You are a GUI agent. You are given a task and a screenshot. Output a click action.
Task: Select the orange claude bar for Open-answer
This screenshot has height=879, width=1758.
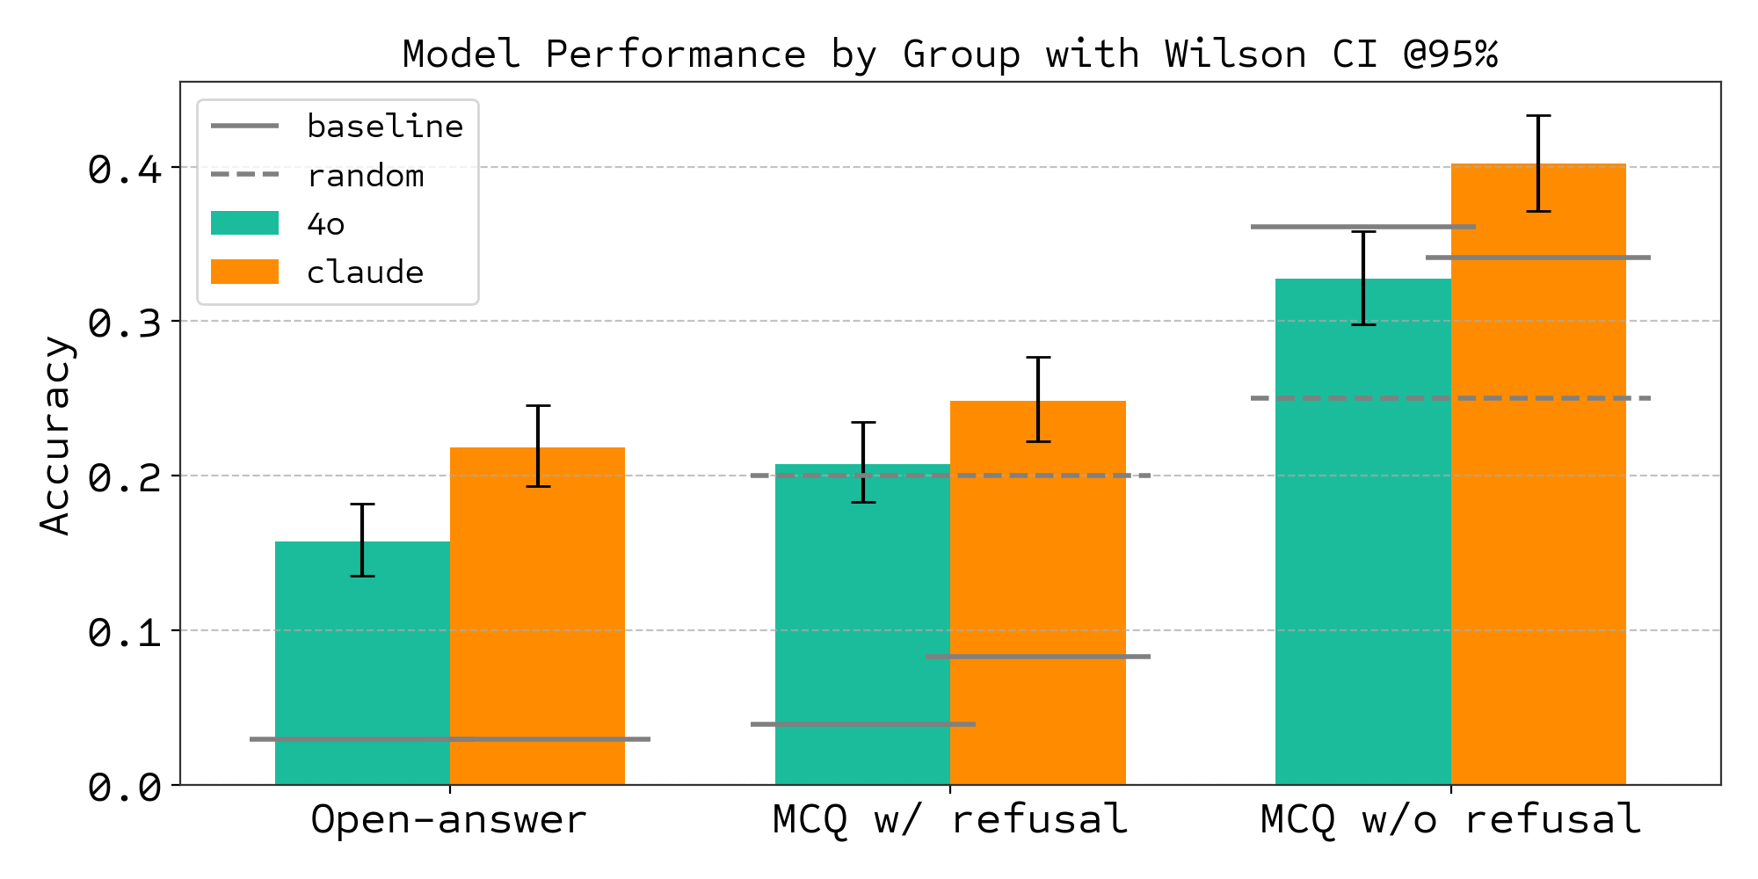point(537,615)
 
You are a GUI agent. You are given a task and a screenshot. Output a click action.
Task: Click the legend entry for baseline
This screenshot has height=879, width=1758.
point(384,127)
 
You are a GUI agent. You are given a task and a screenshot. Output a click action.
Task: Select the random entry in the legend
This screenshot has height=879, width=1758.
point(365,176)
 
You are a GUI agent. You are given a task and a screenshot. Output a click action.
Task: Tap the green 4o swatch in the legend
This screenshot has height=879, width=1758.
point(245,223)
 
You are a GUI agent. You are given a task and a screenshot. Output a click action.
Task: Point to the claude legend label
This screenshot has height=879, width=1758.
point(365,272)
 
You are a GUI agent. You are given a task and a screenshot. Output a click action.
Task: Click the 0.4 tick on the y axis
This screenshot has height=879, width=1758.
point(126,169)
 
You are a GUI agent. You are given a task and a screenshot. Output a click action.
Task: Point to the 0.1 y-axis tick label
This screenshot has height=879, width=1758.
point(126,632)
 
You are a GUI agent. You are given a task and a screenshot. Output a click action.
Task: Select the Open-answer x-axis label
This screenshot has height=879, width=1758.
point(448,819)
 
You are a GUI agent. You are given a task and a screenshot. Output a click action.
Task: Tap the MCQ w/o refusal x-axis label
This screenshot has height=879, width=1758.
point(1450,819)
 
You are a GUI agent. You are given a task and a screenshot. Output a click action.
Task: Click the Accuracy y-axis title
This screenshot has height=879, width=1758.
point(56,435)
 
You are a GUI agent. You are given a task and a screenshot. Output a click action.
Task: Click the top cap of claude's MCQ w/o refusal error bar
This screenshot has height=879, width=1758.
point(1538,116)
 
